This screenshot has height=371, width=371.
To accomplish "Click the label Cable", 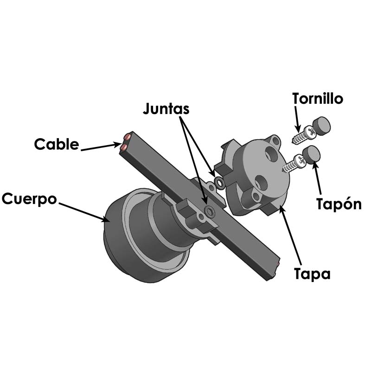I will pos(57,144).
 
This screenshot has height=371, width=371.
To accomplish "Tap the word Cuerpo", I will pos(30,199).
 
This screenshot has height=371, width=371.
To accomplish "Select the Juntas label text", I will pos(166,109).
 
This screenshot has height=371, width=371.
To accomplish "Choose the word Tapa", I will pos(313,274).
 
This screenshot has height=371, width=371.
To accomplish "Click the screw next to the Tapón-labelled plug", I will pos(294,163).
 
